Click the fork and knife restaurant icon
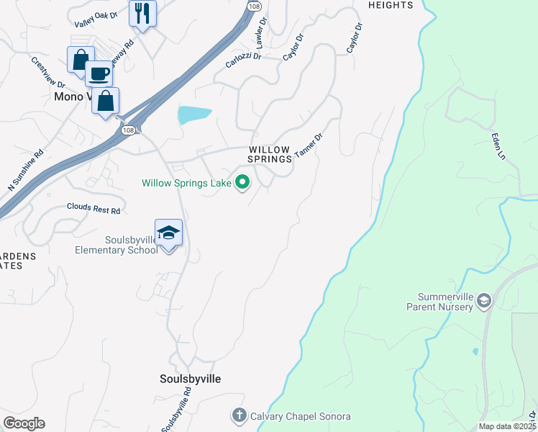142,13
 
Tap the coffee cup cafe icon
99,73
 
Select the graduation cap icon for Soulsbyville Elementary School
168,233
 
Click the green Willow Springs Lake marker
242,183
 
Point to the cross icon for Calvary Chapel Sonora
239,415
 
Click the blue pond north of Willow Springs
193,114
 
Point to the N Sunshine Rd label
26,170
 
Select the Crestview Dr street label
48,73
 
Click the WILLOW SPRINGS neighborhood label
270,153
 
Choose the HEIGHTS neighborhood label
391,5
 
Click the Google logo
24,423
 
